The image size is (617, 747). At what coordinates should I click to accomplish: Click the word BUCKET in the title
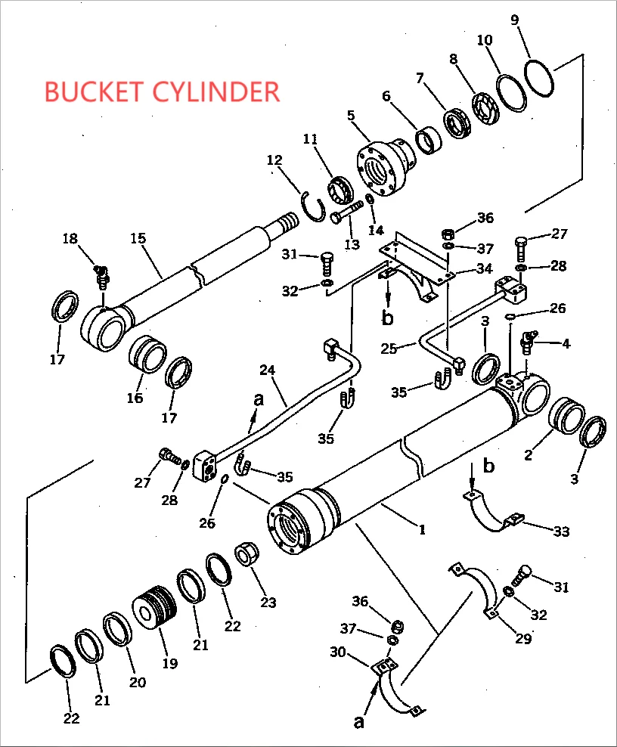coord(95,91)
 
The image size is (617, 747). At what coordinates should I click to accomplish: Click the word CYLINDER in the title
coord(216,91)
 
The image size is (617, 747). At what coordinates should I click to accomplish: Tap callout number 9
coord(515,20)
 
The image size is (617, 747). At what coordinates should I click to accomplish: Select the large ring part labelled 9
coord(539,77)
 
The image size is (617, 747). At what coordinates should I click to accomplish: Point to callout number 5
coord(351,116)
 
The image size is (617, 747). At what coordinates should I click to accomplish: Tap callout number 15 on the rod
coord(138,238)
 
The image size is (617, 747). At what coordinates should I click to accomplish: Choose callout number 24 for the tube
coord(266,370)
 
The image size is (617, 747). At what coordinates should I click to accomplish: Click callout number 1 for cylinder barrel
coord(422,529)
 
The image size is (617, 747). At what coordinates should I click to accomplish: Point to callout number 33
coord(560,532)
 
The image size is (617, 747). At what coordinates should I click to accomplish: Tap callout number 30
coord(337,652)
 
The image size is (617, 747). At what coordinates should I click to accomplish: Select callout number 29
coord(523,639)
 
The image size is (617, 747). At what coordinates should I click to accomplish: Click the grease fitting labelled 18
coord(101,275)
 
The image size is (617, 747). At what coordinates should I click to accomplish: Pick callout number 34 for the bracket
coord(484,268)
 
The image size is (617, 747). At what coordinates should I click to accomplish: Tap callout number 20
coord(137,681)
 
